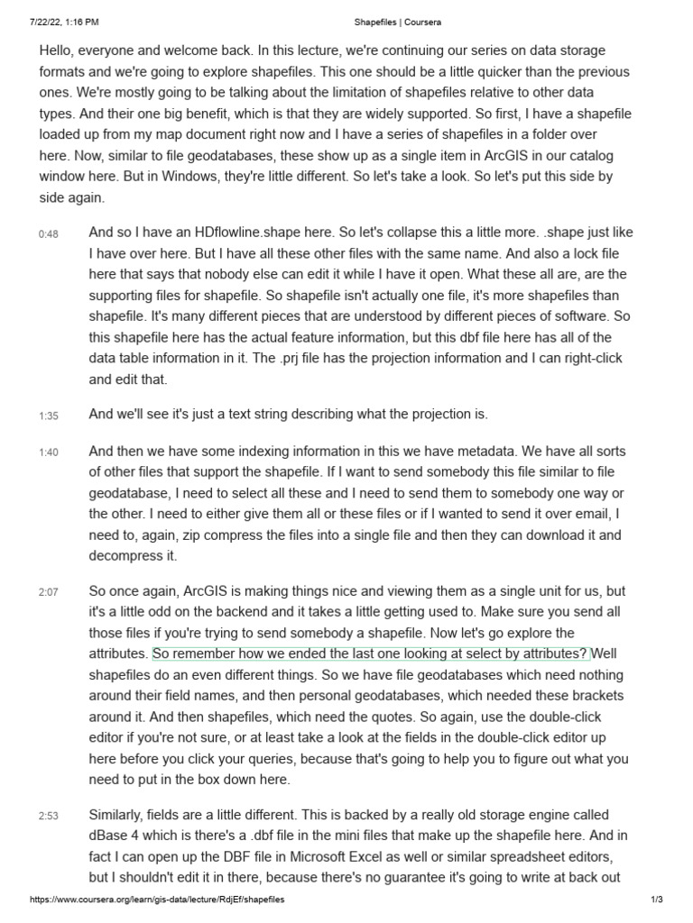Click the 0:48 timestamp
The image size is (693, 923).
[48, 233]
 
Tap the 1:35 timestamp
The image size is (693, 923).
[48, 416]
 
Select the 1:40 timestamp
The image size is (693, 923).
[48, 452]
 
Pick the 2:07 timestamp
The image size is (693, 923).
[48, 592]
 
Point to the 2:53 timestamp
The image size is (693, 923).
[48, 817]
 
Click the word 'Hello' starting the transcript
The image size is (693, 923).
[57, 50]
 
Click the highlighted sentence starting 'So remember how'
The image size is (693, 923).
[370, 653]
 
